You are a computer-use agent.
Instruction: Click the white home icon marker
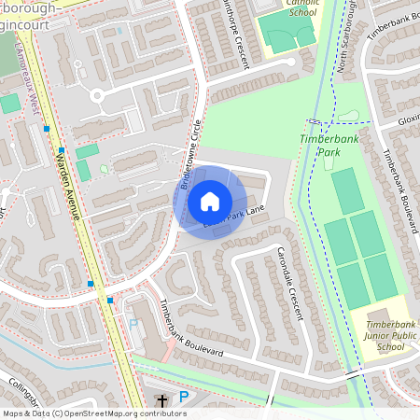pyautogui.click(x=210, y=201)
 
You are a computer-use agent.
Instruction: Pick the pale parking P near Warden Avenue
pyautogui.click(x=133, y=324)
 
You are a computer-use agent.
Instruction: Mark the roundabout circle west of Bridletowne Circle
pyautogui.click(x=97, y=93)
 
